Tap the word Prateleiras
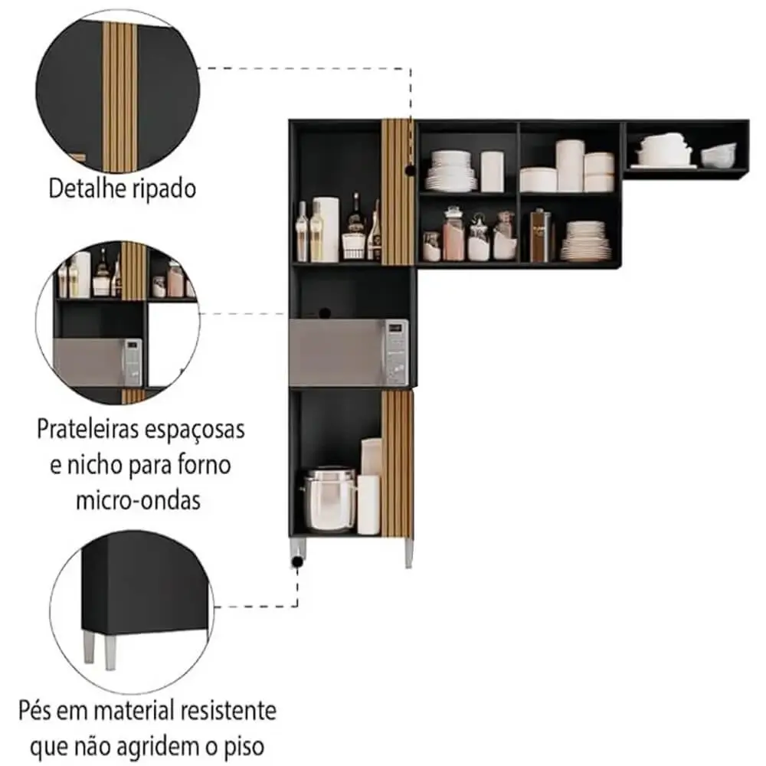click(87, 430)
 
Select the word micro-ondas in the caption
click(138, 499)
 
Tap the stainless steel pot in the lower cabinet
click(329, 499)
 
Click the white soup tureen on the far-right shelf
click(663, 149)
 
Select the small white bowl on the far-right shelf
click(719, 155)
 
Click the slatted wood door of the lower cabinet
click(397, 463)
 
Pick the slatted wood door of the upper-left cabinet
click(397, 191)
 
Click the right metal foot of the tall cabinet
click(409, 553)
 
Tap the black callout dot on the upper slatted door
click(411, 171)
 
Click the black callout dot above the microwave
click(325, 313)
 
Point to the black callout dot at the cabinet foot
click(297, 562)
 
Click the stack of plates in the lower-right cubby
click(586, 241)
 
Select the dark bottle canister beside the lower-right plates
click(539, 235)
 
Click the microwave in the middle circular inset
click(98, 362)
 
